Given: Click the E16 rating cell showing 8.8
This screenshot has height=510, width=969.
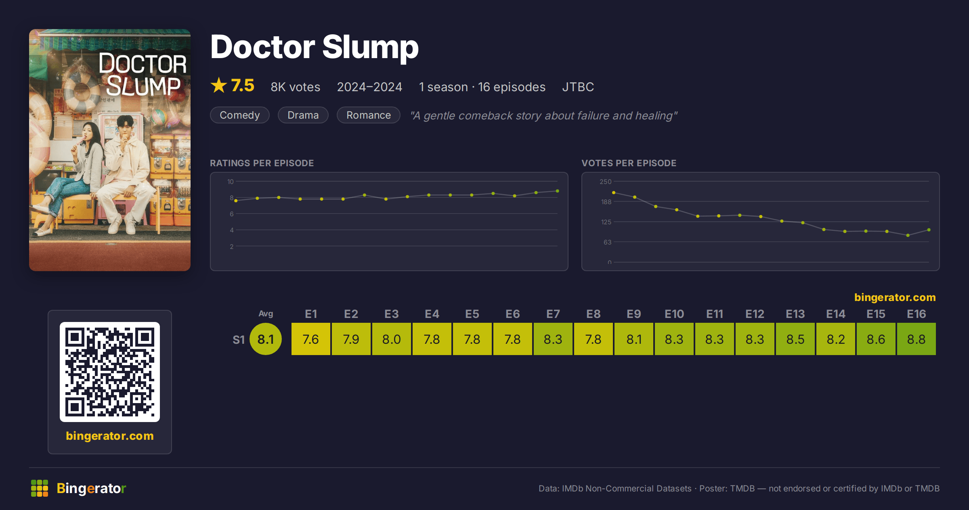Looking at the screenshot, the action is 916,339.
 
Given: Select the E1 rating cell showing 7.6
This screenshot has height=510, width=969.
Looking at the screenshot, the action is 310,339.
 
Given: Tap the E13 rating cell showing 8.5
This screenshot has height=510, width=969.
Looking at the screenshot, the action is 795,339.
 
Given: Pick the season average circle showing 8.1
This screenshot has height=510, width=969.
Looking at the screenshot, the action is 266,339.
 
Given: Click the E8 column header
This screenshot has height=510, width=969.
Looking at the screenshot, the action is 593,314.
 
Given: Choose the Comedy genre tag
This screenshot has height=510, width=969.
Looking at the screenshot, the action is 240,115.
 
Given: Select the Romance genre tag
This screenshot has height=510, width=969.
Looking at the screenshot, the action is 369,115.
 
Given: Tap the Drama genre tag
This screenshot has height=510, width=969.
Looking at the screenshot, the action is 303,115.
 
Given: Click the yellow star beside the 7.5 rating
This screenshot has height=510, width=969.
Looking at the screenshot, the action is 219,85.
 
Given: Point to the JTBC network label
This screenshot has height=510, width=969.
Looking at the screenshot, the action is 578,87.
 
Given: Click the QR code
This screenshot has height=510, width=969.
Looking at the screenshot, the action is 110,372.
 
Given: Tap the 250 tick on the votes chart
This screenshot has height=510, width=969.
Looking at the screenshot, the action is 605,182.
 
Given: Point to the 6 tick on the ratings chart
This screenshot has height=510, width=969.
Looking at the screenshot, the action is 232,214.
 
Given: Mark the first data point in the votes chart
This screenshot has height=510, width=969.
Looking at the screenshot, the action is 614,192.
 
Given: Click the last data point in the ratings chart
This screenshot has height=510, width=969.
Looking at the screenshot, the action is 558,191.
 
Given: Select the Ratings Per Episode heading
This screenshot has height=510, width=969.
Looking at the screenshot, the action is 262,163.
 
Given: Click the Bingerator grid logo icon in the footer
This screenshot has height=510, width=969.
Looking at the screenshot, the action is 40,488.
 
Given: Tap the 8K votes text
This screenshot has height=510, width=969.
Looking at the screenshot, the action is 295,87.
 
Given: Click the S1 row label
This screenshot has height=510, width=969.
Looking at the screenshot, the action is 239,340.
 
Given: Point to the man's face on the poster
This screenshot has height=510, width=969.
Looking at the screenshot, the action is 126,126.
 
